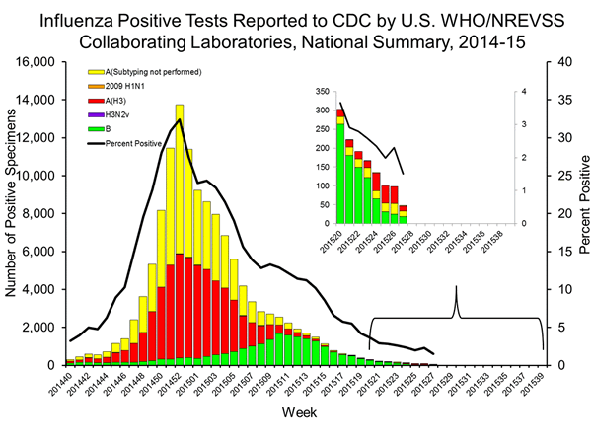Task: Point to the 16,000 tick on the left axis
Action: (x=38, y=62)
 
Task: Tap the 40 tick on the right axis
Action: (x=558, y=62)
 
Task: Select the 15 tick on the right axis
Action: (x=558, y=252)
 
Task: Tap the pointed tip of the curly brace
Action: (x=456, y=287)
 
